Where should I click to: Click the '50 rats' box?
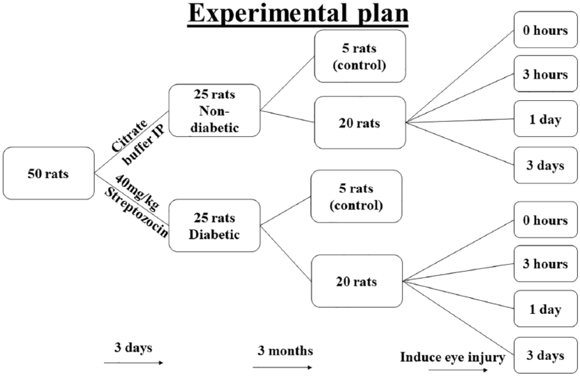49,173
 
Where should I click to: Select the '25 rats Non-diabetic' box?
214,110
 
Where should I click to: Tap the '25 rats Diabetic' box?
214,226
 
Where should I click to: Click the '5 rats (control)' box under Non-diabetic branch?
360,56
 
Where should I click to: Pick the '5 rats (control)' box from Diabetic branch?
356,196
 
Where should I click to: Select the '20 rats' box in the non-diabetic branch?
360,122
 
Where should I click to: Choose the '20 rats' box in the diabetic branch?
357,281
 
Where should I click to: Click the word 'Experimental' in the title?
268,13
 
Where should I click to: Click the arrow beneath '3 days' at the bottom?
134,363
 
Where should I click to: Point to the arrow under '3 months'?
282,367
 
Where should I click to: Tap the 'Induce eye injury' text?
453,357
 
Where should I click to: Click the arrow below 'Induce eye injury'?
458,370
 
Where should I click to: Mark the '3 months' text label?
285,351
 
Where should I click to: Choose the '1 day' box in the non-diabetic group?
546,119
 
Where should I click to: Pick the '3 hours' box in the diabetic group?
546,264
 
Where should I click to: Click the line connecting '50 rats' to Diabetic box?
132,199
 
